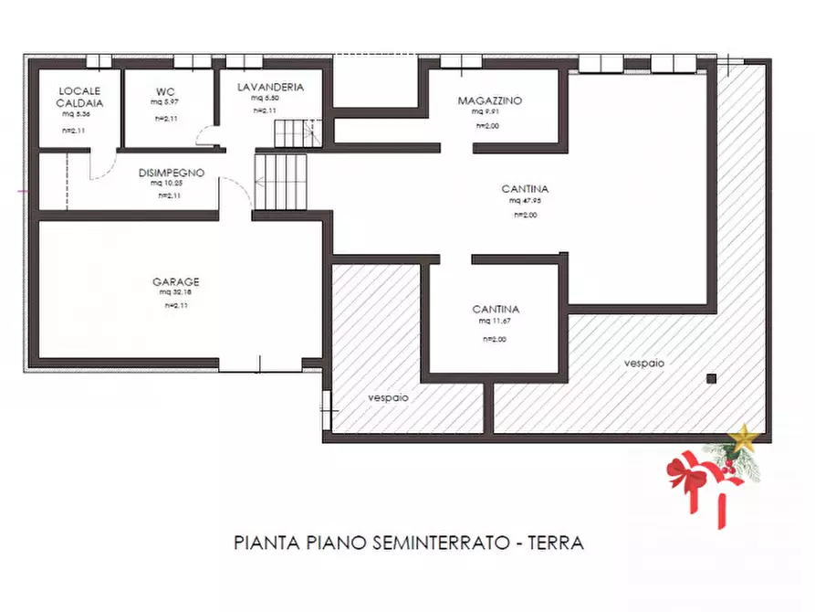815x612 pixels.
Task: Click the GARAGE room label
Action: (176, 282)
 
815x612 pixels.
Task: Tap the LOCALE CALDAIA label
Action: (79, 97)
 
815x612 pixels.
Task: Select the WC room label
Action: (165, 91)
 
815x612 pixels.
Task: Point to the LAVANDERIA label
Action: (269, 87)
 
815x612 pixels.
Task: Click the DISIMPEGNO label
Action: (172, 172)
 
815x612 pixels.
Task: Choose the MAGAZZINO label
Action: (490, 100)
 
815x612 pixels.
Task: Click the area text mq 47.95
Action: (525, 200)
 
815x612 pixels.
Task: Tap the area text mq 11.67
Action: (496, 322)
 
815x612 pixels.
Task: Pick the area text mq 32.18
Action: (176, 293)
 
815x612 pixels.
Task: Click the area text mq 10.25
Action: (168, 183)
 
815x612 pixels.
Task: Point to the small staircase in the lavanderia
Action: (298, 132)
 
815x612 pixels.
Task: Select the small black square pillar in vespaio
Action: (712, 378)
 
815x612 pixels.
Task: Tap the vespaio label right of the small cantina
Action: (644, 363)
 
